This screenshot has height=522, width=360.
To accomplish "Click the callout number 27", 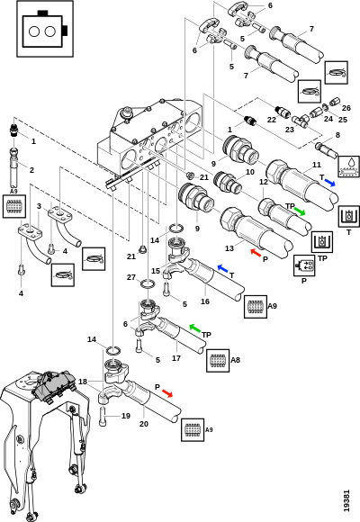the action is click(x=131, y=277).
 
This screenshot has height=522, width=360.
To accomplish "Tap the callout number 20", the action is click(x=143, y=424).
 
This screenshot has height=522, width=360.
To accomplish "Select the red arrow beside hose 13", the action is click(x=256, y=253).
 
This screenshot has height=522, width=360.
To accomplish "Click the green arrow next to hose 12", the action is click(x=300, y=211).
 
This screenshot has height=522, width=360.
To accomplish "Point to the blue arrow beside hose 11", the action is click(x=329, y=183).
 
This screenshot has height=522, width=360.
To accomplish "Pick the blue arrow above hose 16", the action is click(x=223, y=268).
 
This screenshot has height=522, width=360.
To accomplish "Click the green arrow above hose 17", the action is click(x=194, y=328).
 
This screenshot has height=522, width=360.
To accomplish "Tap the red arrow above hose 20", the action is click(x=167, y=393).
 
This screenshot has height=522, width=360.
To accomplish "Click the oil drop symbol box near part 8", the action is click(x=349, y=166).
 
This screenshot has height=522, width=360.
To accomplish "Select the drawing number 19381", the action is click(x=346, y=500).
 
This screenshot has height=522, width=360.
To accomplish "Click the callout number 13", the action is click(x=229, y=248).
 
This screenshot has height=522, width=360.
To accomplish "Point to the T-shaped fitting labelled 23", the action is click(x=300, y=121).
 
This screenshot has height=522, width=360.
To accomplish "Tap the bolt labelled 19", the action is click(x=103, y=416).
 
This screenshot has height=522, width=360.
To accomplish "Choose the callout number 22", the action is click(x=272, y=119).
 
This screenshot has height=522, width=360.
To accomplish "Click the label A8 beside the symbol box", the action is click(x=236, y=360).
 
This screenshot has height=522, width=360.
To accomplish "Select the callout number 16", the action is click(x=205, y=301).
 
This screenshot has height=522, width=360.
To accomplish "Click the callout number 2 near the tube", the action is click(x=31, y=170).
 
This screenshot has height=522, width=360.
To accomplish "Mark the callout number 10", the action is click(x=250, y=172).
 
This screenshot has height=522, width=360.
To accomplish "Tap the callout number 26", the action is click(x=346, y=108).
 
